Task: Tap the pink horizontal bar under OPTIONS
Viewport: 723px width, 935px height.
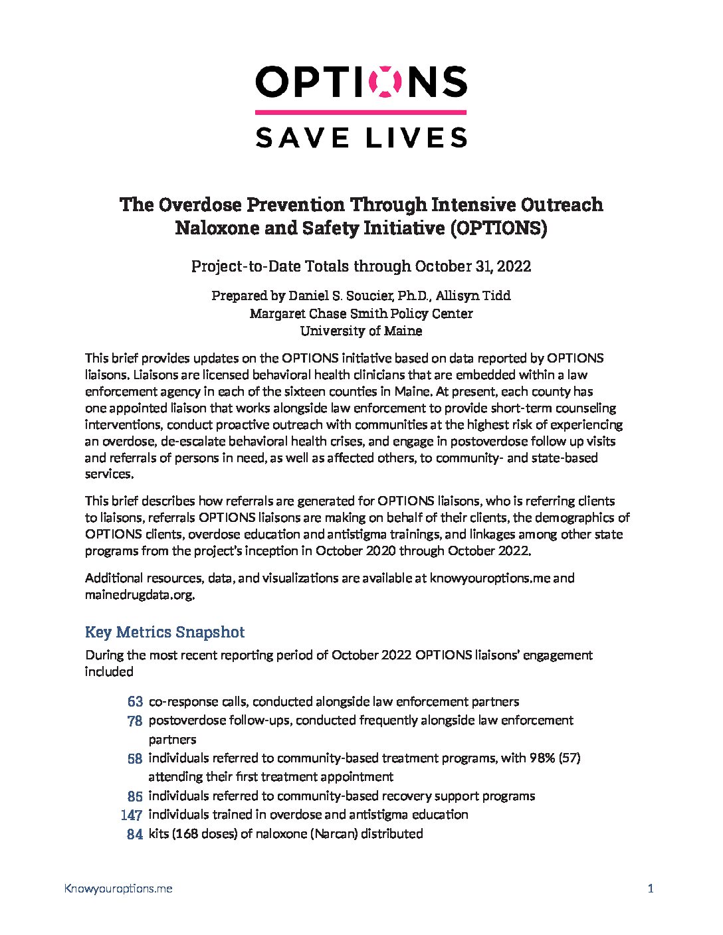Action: (361, 112)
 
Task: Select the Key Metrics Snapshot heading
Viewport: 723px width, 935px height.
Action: (165, 632)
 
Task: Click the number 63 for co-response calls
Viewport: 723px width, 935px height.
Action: (135, 701)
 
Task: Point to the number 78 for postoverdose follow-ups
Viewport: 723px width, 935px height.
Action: (135, 721)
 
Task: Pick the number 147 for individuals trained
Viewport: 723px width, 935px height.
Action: (132, 815)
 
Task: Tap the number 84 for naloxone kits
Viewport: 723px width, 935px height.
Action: (135, 834)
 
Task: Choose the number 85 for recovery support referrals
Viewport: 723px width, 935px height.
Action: (135, 796)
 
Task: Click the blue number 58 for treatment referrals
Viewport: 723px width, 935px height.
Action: (135, 758)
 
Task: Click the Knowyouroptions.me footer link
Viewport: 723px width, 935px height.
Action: (118, 889)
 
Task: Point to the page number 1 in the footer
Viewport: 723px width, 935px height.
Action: (651, 889)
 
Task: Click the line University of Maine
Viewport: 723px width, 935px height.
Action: (361, 331)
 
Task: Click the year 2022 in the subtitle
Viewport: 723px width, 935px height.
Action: (512, 266)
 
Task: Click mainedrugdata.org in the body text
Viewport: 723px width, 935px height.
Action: (139, 595)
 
